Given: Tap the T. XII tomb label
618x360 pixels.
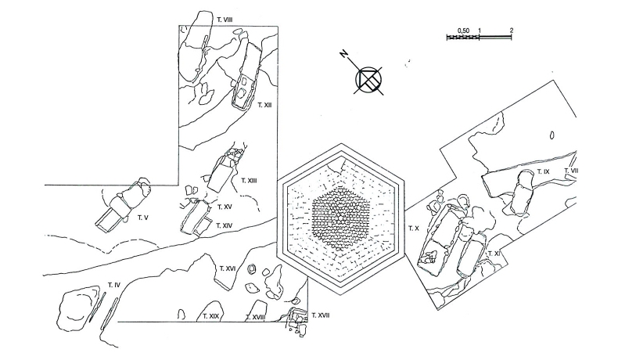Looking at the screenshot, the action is coord(265,105).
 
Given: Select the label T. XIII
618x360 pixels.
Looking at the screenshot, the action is coord(249,181).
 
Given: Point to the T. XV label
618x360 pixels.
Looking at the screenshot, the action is coord(225,207).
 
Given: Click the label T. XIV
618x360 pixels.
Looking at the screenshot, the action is coord(224,225).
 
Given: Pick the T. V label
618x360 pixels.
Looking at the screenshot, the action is coord(142,218).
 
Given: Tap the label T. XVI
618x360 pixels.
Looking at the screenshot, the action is coord(228,268).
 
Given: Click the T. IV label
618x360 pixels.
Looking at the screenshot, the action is coord(114,285).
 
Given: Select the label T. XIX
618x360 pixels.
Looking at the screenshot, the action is coord(211,316).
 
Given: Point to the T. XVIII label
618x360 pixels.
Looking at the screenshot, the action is coord(255,317).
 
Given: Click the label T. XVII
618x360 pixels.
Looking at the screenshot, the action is coord(321,315).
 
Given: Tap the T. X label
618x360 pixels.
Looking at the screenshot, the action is coord(414,229).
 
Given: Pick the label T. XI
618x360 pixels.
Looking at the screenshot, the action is coord(494,254).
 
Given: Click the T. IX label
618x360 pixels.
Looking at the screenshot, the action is coord(543,172).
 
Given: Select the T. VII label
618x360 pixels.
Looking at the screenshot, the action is coord(571,171).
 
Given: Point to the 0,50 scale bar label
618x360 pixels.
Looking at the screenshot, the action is coord(463,31).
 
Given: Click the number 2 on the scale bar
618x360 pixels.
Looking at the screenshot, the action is coord(512,30).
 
